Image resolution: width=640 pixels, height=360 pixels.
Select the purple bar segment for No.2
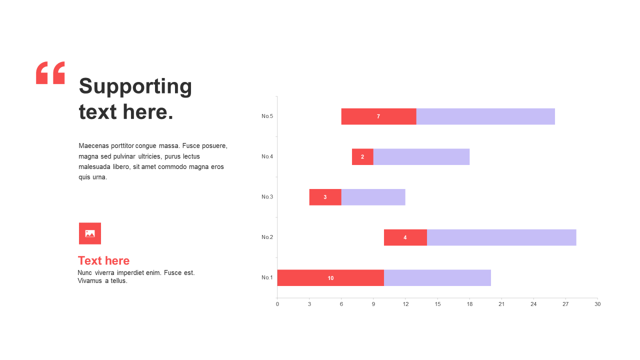tap(501, 237)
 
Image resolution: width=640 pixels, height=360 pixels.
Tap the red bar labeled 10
tap(330, 278)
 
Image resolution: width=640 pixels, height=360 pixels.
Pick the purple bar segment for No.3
tap(373, 197)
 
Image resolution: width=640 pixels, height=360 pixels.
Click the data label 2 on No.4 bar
tap(362, 157)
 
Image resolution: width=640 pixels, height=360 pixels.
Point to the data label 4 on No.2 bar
tap(405, 237)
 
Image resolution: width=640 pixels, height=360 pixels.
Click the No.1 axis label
tap(267, 277)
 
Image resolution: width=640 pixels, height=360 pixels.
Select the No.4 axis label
tap(267, 156)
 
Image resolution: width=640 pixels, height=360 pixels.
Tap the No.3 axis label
tap(267, 197)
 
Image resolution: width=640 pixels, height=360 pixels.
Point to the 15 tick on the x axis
tap(437, 304)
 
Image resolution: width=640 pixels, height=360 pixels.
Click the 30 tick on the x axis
tap(597, 304)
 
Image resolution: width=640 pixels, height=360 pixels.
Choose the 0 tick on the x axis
tap(277, 304)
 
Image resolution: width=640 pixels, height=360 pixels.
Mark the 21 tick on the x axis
tap(501, 304)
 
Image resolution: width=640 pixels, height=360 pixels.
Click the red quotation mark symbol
tap(50, 73)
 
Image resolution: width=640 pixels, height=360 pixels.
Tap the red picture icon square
tap(90, 233)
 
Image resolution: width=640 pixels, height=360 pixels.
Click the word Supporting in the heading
tap(135, 86)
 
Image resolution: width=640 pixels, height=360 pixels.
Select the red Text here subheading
tap(103, 260)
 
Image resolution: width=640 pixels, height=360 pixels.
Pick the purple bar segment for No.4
tap(421, 157)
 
